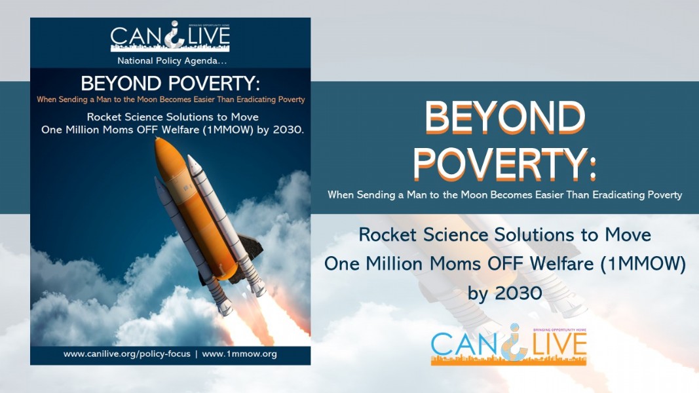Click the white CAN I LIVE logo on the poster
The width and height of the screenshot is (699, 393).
click(x=170, y=36)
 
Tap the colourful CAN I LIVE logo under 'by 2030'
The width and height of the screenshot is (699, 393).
click(x=508, y=345)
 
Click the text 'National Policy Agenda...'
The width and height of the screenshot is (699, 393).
click(x=172, y=61)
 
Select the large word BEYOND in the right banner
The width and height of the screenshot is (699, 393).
click(x=505, y=117)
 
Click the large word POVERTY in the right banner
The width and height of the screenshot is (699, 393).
click(x=499, y=164)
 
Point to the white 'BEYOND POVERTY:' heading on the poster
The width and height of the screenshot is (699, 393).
click(x=170, y=83)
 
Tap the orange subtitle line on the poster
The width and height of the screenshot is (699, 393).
click(x=171, y=100)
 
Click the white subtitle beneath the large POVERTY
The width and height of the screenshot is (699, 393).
click(x=504, y=195)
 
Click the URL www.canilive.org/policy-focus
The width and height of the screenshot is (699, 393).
click(x=126, y=354)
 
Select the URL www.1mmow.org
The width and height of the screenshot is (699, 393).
click(x=239, y=354)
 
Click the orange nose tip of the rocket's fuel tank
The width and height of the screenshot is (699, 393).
click(x=157, y=140)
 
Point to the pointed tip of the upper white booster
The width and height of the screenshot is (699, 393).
click(x=190, y=157)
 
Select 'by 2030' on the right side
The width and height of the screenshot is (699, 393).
click(x=504, y=293)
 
